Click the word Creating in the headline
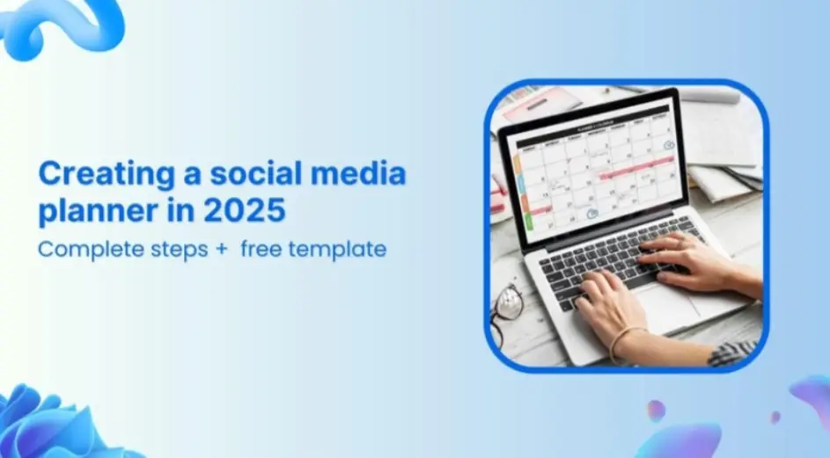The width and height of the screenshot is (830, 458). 92,174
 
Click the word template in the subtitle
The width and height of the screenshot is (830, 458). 342,250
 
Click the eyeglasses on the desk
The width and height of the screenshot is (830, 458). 507,308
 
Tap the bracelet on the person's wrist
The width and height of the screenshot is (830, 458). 626,339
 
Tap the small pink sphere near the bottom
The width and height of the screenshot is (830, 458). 656,410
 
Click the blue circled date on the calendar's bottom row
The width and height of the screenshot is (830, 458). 592,214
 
